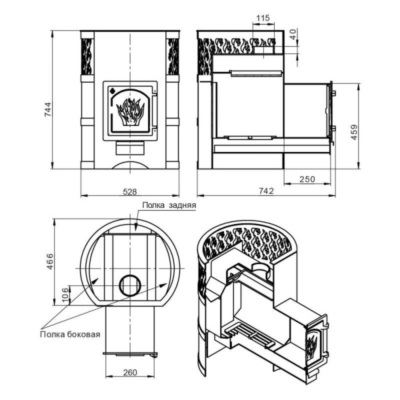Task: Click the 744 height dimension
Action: click(48, 109)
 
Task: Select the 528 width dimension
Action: click(130, 191)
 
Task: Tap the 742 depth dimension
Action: click(266, 191)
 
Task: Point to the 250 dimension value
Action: click(307, 179)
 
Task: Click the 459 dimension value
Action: click(355, 132)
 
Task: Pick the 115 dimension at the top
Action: click(263, 18)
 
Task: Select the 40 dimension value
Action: click(293, 35)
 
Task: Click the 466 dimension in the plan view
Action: click(50, 261)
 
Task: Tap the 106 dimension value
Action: click(65, 295)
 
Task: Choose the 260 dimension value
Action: click(130, 373)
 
